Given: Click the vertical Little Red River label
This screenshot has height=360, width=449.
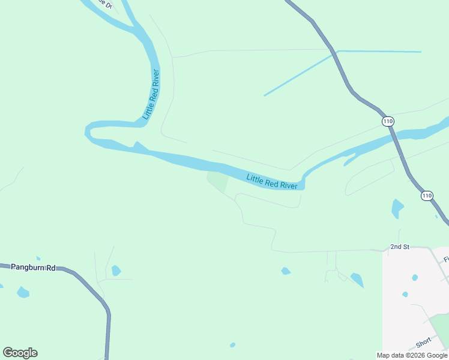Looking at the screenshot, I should [x=151, y=94].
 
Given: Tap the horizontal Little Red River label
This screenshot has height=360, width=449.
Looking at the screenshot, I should [x=272, y=181].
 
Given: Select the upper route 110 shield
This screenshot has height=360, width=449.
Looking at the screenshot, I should [x=388, y=121].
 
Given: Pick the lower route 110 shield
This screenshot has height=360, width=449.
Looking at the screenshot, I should [x=426, y=196].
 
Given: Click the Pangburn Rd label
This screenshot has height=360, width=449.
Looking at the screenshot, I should [x=33, y=267].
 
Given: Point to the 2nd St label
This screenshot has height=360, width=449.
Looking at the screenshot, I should [x=399, y=247].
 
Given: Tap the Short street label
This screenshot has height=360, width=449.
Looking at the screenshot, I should [x=424, y=343].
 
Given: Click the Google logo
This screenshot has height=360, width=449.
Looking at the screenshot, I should [x=20, y=353].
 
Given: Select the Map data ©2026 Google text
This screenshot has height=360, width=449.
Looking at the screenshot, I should [x=412, y=355].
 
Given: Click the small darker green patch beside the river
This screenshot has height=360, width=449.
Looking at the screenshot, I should [x=218, y=181].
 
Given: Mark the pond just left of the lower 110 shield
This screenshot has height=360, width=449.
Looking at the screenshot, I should [x=397, y=208].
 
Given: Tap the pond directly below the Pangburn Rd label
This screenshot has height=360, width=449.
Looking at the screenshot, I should [x=23, y=292].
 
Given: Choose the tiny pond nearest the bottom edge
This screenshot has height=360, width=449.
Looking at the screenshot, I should [x=232, y=345].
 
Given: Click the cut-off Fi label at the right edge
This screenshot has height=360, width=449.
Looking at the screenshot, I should [x=446, y=260].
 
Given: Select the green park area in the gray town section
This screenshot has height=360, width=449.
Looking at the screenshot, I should [x=442, y=327].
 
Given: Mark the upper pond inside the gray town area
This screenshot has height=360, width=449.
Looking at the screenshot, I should [x=415, y=278].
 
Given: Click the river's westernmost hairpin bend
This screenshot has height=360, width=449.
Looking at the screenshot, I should [x=89, y=131].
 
